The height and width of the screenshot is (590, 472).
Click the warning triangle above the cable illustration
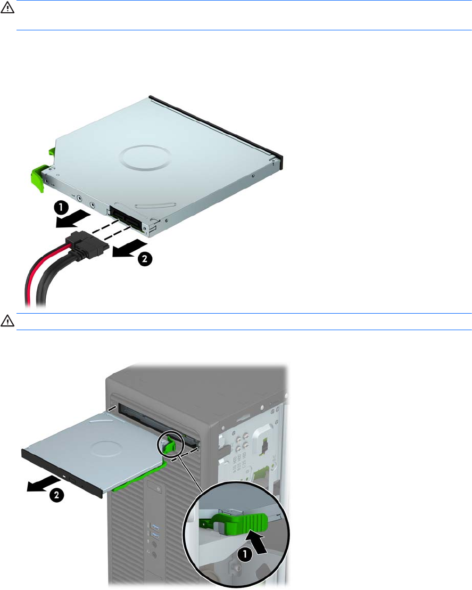[x=7, y=9]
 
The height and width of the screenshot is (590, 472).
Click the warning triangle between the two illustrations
[x=7, y=321]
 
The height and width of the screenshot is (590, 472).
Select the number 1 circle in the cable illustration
[x=61, y=207]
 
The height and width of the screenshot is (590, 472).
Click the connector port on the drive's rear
[x=127, y=217]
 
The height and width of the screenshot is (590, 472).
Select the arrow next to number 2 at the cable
[x=129, y=248]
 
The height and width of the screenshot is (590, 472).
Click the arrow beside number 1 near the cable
[x=73, y=219]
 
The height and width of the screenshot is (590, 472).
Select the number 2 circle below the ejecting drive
[x=57, y=495]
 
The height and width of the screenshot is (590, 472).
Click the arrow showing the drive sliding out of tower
[x=43, y=483]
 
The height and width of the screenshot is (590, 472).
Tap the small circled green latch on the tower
[x=170, y=445]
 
